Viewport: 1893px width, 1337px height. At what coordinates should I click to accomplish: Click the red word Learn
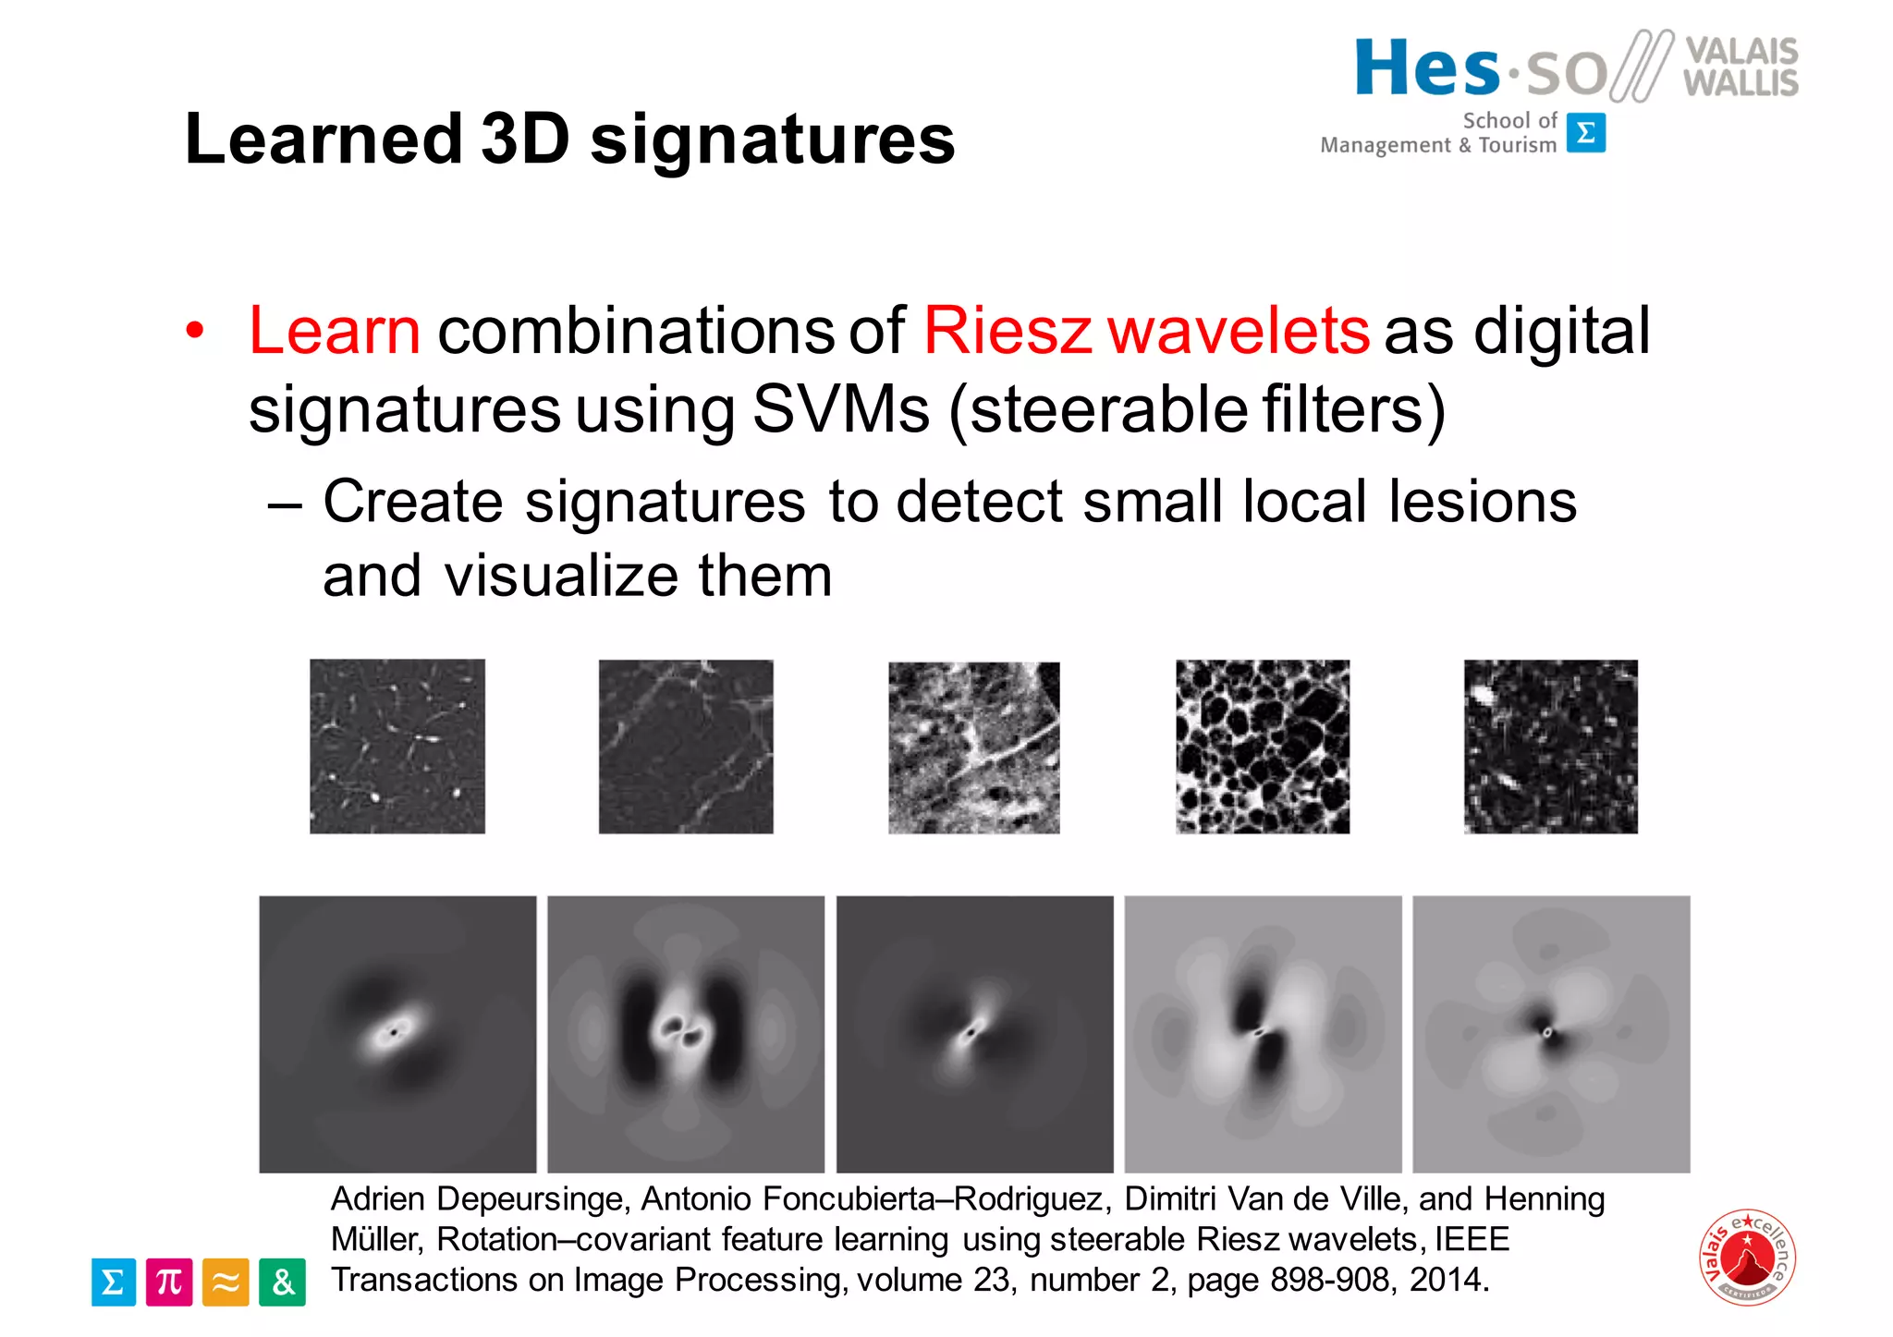[335, 331]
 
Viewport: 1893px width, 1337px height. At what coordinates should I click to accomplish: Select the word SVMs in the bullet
[840, 409]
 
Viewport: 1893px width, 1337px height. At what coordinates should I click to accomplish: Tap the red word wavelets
[1239, 331]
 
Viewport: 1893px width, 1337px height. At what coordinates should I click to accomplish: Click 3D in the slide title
[525, 140]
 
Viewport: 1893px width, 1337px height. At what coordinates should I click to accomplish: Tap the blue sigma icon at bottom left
[114, 1282]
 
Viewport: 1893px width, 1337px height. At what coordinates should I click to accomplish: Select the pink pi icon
[169, 1282]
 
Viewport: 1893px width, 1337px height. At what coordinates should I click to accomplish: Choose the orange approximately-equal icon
[226, 1282]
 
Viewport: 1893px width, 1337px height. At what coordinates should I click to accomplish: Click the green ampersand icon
[282, 1282]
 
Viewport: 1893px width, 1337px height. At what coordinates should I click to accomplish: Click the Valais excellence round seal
[1747, 1257]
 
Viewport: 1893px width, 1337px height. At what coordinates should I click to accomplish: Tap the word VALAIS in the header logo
[1741, 50]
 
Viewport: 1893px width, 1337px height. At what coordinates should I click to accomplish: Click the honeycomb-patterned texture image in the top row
[1263, 747]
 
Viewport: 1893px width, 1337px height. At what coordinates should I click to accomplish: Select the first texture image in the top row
[397, 747]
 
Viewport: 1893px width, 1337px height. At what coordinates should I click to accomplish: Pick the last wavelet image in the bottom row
[1551, 1034]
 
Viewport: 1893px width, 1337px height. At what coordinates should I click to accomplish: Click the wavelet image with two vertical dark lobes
[686, 1034]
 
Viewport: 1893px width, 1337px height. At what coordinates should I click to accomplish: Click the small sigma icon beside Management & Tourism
[1586, 133]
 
